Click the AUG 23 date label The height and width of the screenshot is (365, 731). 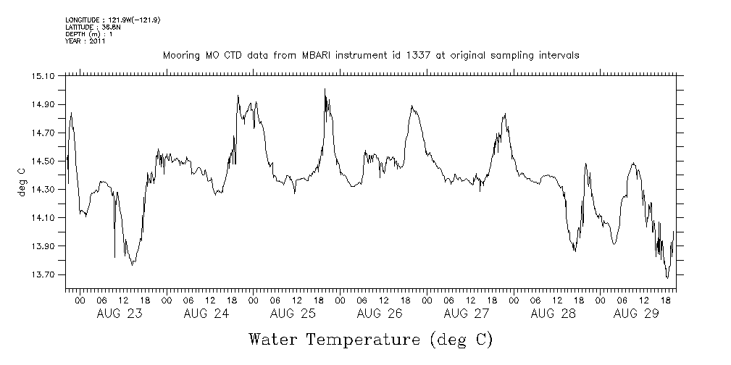(120, 314)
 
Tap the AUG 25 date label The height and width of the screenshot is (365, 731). (293, 314)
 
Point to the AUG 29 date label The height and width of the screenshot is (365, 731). (636, 314)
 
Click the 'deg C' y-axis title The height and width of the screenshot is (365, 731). (21, 180)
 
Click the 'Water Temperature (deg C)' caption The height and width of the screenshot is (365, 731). (371, 339)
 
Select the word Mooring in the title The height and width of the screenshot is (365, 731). (181, 56)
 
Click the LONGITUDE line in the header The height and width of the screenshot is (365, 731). (112, 20)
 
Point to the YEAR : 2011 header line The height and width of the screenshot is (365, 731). (85, 41)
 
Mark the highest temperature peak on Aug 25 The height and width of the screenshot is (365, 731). (325, 89)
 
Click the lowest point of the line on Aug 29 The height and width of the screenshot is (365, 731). (667, 277)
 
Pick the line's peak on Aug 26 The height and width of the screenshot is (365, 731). (412, 106)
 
